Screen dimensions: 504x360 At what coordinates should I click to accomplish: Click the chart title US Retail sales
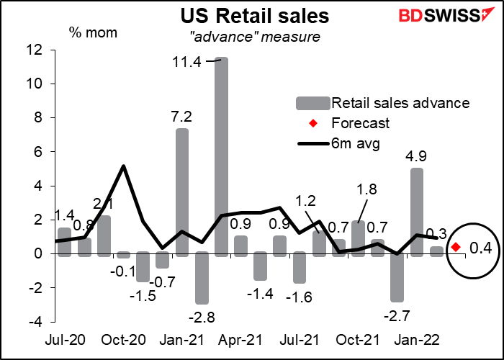click(x=255, y=17)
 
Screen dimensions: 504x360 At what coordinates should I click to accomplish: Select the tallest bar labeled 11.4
click(x=221, y=157)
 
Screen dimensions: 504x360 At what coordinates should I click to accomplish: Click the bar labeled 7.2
click(x=182, y=192)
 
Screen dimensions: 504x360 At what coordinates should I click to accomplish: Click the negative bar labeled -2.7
click(x=397, y=277)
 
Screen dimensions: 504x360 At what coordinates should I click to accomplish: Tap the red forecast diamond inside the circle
click(x=456, y=247)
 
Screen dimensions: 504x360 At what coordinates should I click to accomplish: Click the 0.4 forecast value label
click(x=480, y=248)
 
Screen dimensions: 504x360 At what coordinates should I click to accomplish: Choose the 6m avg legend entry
click(x=339, y=143)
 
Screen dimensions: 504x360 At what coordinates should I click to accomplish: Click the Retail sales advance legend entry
click(x=383, y=103)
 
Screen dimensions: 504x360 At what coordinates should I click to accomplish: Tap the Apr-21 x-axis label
click(x=239, y=340)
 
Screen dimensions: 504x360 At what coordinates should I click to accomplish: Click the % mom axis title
click(x=94, y=33)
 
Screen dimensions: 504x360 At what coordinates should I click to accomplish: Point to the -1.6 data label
click(x=298, y=297)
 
